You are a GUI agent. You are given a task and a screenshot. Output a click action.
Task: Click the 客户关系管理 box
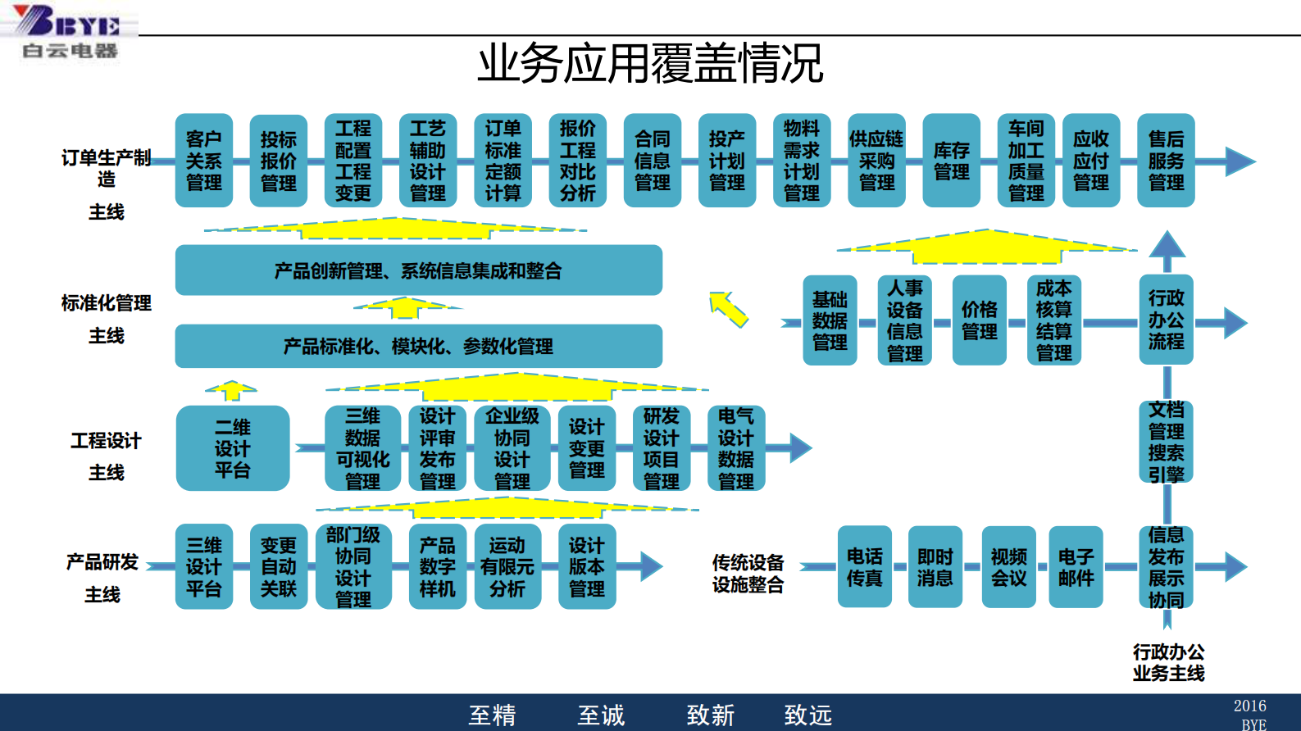(x=204, y=161)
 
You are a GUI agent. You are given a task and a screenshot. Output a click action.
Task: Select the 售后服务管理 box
(x=1166, y=161)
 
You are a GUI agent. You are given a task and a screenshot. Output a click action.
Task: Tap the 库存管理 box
(x=951, y=161)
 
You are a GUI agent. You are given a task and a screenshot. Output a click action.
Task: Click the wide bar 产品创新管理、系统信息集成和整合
(x=418, y=270)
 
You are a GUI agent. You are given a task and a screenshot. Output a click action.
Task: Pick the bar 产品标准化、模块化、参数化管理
(x=418, y=346)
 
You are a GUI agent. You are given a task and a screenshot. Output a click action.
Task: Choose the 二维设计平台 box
(x=233, y=448)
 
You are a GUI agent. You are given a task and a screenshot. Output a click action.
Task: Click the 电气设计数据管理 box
(x=736, y=448)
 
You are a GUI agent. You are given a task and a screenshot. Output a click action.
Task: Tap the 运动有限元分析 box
(x=507, y=566)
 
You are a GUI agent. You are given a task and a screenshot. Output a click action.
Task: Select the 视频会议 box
(x=1009, y=567)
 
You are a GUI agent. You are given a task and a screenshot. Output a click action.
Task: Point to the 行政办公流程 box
(x=1166, y=320)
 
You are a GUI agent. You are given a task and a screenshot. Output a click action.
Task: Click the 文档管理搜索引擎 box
(x=1166, y=441)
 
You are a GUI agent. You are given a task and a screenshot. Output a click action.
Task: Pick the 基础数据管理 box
(x=830, y=320)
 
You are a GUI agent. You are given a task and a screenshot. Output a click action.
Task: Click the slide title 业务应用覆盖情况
(x=650, y=63)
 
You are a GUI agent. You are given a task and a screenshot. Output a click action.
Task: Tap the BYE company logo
(x=70, y=31)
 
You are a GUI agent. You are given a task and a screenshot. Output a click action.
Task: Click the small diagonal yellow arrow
(x=728, y=309)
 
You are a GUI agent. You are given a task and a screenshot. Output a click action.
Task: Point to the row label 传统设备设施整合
(x=748, y=573)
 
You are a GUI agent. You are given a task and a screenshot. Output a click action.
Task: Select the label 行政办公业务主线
(x=1168, y=662)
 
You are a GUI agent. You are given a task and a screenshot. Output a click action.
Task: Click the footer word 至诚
(x=601, y=715)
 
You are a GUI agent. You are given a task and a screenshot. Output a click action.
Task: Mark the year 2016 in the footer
(x=1249, y=706)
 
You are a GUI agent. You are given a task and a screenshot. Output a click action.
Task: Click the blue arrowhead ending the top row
(x=1240, y=161)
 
